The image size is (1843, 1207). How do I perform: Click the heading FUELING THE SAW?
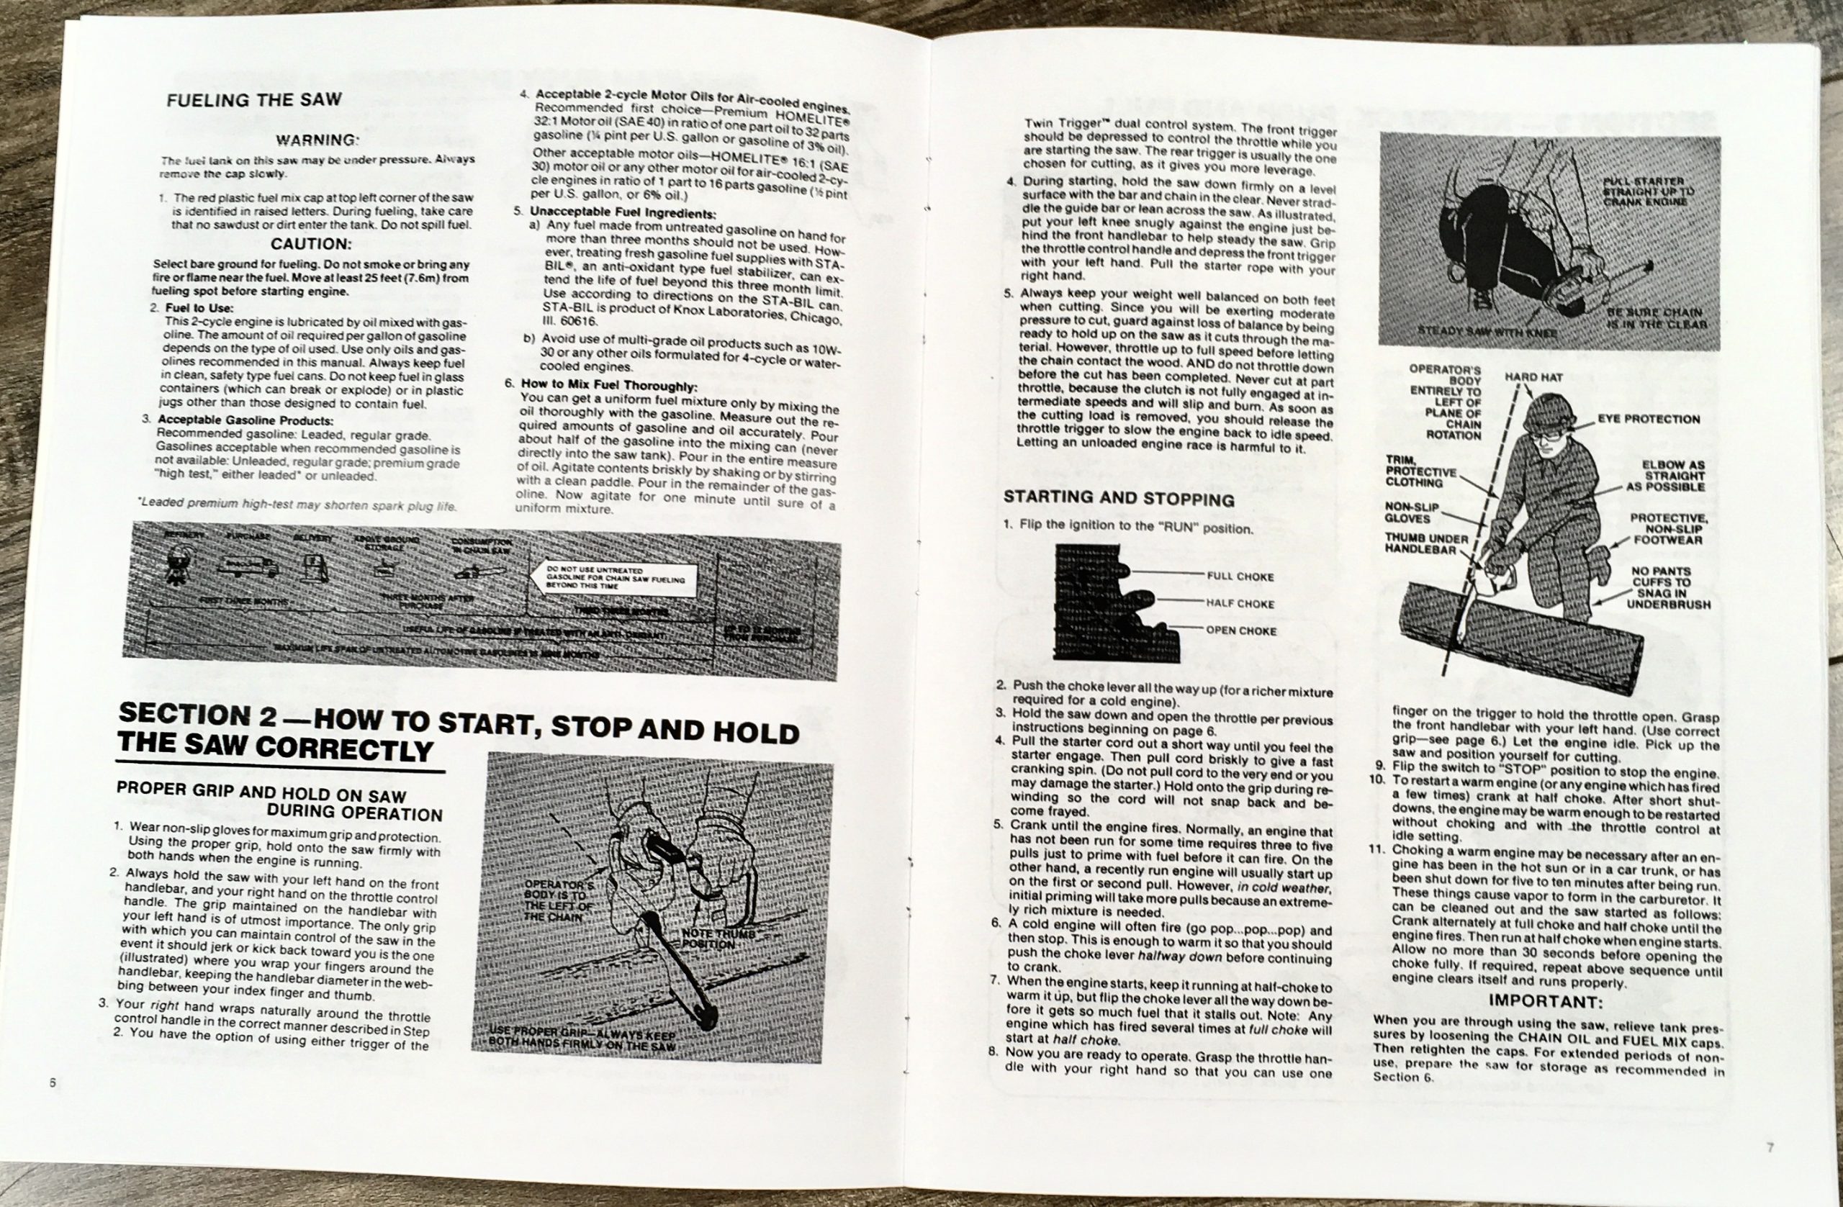(254, 99)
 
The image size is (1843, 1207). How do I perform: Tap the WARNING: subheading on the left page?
(317, 140)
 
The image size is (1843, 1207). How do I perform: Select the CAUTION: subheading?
(311, 244)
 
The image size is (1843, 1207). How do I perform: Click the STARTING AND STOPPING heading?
(1118, 498)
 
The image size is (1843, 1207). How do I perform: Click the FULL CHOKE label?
(1240, 577)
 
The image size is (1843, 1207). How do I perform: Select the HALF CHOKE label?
(1240, 604)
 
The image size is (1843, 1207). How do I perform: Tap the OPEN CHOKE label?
(1240, 631)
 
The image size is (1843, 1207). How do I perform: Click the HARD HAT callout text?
(1533, 378)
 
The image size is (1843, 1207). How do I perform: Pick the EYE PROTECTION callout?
(1649, 420)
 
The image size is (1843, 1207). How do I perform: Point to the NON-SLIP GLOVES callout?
(1412, 512)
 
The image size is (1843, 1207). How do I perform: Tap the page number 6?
(53, 1083)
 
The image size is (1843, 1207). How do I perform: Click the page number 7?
(1770, 1148)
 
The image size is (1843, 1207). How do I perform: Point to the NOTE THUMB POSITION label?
(718, 939)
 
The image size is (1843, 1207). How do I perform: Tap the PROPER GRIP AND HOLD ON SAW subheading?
(261, 792)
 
